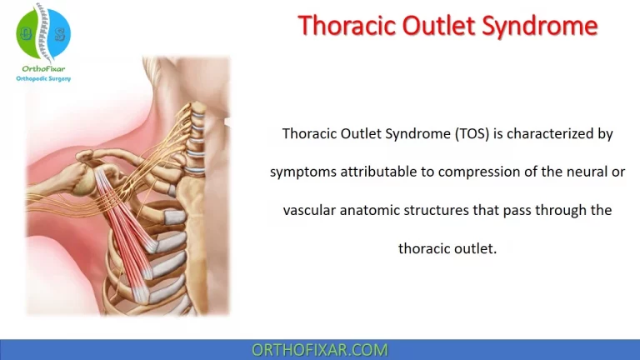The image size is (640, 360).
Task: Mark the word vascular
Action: (312, 210)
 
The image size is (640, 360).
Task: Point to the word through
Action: (556, 210)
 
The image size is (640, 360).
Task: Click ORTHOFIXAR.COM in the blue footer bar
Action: (320, 350)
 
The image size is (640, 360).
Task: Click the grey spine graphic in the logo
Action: (43, 32)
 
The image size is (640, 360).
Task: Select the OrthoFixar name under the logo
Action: (43, 68)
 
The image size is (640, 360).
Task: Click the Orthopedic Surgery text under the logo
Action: (43, 79)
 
